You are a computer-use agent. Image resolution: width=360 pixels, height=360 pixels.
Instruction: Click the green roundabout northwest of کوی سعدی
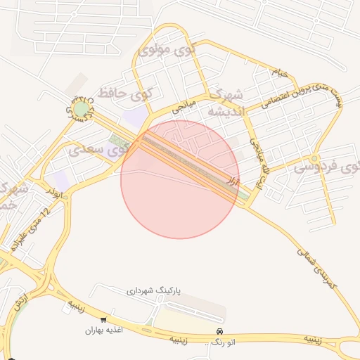tap(83, 109)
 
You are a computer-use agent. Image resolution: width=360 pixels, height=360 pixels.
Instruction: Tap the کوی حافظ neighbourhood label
tap(127, 91)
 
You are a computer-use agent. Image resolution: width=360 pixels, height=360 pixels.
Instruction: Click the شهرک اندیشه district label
tap(225, 103)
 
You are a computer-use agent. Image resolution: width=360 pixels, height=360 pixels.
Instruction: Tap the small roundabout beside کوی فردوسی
tap(314, 158)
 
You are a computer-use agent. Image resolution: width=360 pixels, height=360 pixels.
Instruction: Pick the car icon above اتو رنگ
tap(220, 331)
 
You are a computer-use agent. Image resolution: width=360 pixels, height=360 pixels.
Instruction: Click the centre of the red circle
tap(180, 179)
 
